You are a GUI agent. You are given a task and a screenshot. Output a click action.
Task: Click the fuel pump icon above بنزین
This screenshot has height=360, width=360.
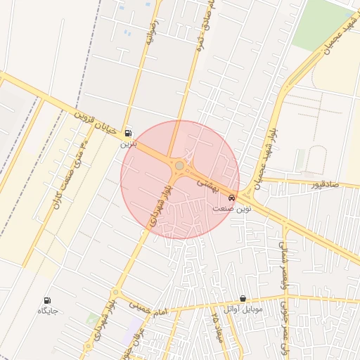(127, 133)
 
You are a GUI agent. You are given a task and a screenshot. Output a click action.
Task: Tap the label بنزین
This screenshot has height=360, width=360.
(127, 143)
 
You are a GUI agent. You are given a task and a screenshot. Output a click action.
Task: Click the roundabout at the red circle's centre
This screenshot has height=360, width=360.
(180, 166)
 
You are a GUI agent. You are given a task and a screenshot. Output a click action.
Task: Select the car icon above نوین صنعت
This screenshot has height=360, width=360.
(233, 198)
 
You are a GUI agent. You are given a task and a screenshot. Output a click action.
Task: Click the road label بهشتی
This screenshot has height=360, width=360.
(208, 184)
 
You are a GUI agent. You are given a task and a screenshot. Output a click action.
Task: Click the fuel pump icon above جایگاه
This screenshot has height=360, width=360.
(48, 300)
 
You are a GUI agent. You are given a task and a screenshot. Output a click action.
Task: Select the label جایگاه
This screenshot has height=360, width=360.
(47, 311)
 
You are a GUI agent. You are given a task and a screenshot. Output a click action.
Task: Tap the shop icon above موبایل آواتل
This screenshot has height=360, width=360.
(243, 299)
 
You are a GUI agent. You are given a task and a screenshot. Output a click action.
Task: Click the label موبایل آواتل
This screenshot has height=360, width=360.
(243, 309)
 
